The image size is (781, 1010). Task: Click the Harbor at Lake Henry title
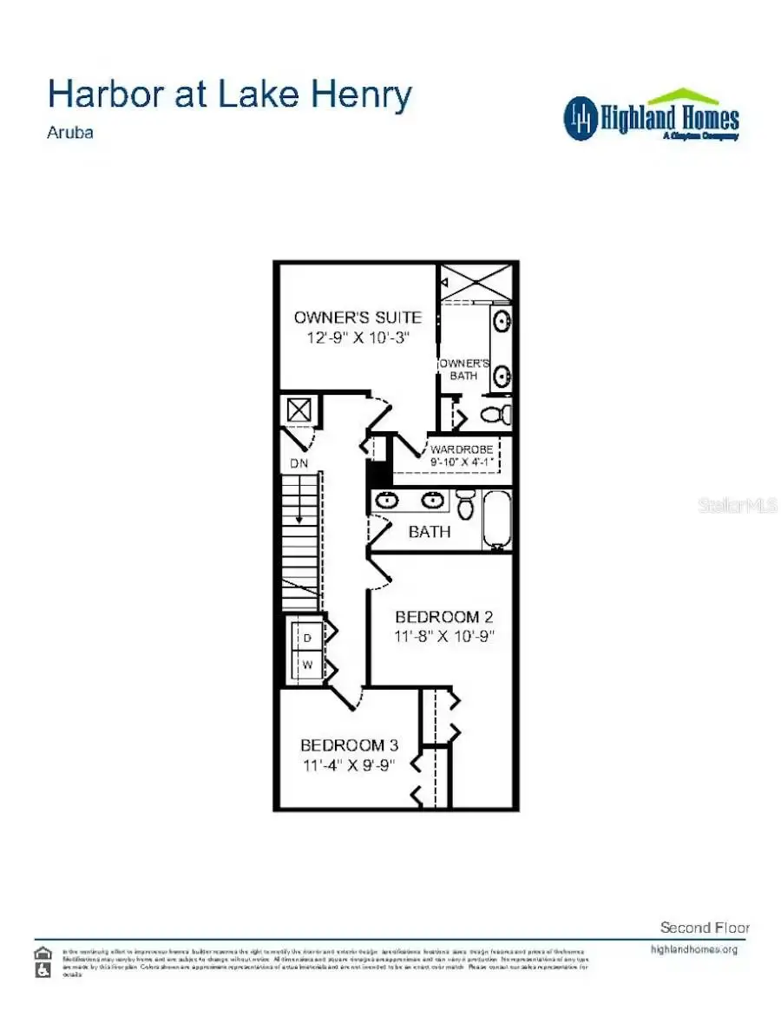(229, 95)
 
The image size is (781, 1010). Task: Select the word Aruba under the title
(70, 134)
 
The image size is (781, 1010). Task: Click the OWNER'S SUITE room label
(357, 318)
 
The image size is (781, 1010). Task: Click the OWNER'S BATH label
(465, 369)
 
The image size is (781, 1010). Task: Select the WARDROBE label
(462, 449)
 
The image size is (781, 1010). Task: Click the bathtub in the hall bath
(496, 519)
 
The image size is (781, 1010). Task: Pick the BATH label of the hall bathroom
(429, 532)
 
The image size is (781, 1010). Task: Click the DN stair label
(299, 464)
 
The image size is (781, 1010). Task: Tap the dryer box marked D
(307, 638)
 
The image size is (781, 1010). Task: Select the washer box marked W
(307, 666)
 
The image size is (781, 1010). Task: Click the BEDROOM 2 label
(443, 617)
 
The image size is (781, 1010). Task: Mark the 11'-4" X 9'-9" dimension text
(349, 764)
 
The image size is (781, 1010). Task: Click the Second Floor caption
(704, 928)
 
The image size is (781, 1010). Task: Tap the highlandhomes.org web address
(694, 949)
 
